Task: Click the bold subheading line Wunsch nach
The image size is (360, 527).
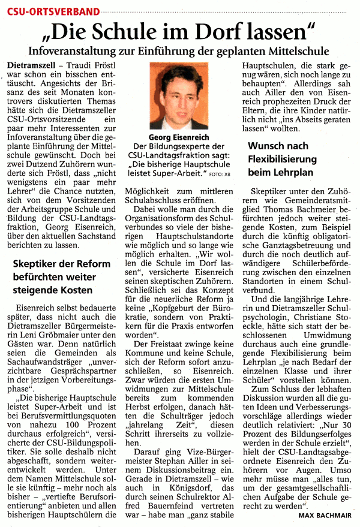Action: [x=278, y=146]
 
